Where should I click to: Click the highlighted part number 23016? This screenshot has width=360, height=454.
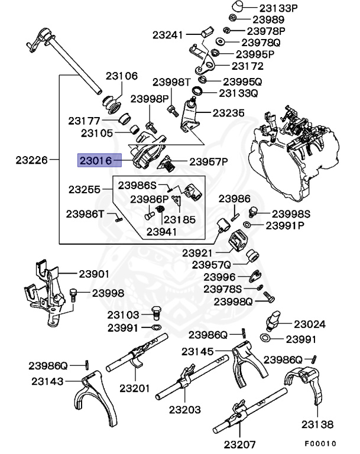tap(96, 160)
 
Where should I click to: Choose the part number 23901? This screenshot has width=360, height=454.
tap(93, 274)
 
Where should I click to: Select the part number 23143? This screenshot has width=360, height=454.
tap(48, 382)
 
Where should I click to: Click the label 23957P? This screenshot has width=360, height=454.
tap(208, 161)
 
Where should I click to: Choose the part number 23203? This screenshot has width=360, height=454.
tap(184, 409)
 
